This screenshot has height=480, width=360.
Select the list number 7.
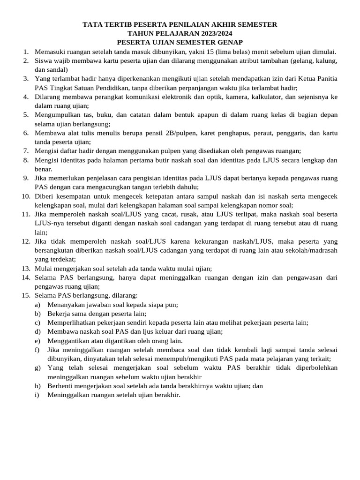coord(26,151)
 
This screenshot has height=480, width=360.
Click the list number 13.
coord(25,269)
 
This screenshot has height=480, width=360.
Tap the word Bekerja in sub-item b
coord(60,314)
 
